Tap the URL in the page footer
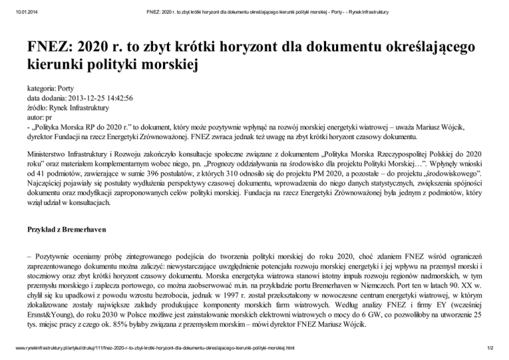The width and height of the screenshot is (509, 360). tap(152, 348)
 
